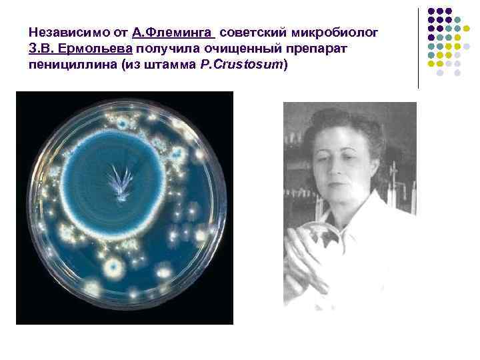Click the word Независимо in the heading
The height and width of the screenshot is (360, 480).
click(x=64, y=33)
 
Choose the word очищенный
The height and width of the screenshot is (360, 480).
click(x=235, y=50)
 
